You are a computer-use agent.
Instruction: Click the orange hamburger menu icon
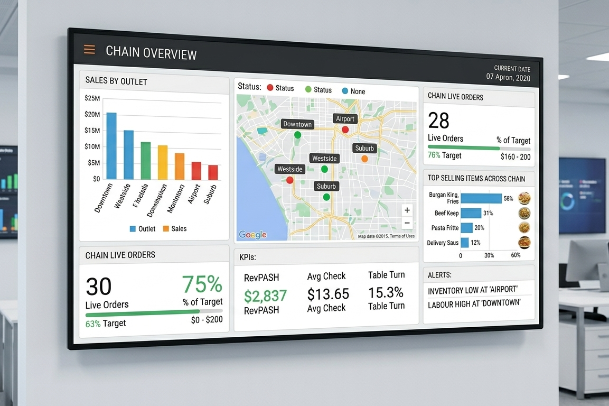click(89, 50)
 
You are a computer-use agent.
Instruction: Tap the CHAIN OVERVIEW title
click(151, 53)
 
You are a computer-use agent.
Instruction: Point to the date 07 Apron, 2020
click(508, 77)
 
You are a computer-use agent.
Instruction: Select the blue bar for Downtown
click(111, 146)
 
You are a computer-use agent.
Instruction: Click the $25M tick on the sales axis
click(92, 98)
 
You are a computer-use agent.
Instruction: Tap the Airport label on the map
click(345, 118)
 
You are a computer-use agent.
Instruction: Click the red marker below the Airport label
click(345, 130)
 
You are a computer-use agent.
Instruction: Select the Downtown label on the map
click(297, 124)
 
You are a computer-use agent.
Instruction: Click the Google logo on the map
click(252, 235)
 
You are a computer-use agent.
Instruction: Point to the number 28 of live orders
click(438, 121)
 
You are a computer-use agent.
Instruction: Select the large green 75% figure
click(202, 284)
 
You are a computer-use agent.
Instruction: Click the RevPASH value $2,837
click(265, 296)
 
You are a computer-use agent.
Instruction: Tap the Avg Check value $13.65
click(328, 294)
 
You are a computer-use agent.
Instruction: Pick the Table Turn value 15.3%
click(386, 292)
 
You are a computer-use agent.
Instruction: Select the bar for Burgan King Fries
click(481, 199)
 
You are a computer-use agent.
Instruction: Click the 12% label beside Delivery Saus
click(475, 243)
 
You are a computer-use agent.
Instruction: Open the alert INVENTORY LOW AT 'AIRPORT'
click(472, 290)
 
